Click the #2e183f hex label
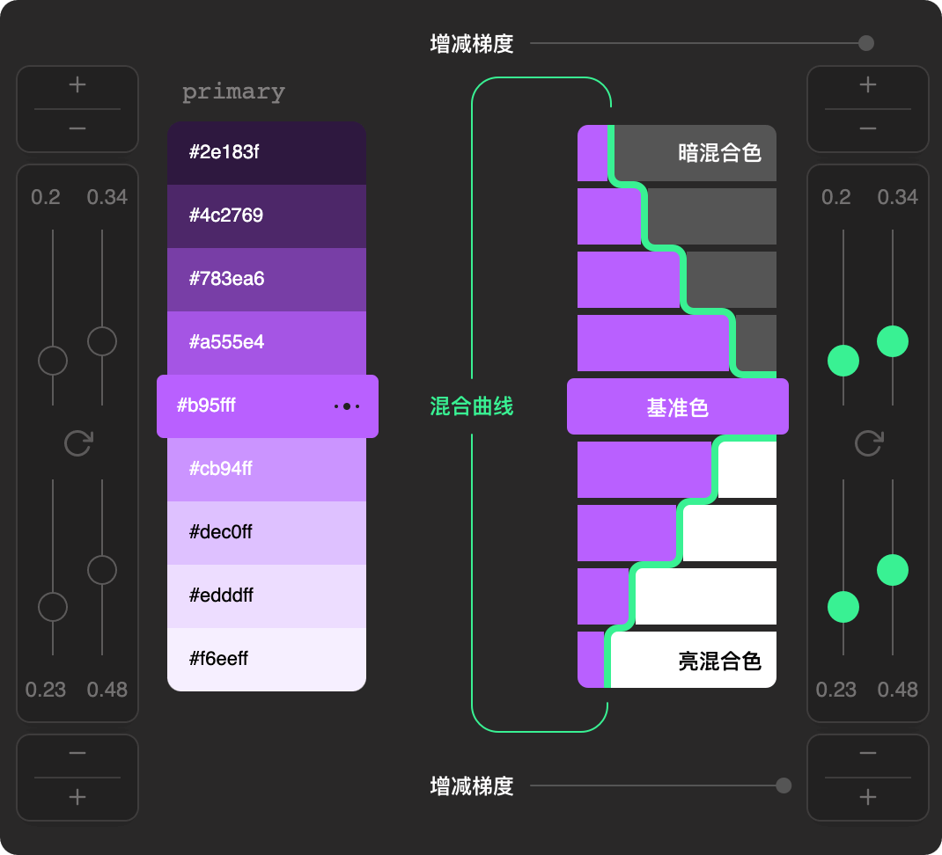coord(224,152)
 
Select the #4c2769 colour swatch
coord(267,216)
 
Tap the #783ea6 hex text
coord(226,279)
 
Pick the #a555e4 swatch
coord(267,343)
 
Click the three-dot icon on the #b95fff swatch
coord(347,406)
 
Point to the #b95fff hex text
coord(212,406)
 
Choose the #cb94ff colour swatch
coord(267,470)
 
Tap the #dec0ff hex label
coord(220,532)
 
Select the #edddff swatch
coord(267,596)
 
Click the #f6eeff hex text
coord(218,659)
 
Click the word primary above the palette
coord(233,92)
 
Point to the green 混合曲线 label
coord(471,406)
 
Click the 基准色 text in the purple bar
coord(677,408)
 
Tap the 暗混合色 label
coord(719,153)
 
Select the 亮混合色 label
coord(719,661)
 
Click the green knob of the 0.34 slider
coord(893,341)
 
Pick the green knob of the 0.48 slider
coord(893,570)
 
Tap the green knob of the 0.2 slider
coord(843,361)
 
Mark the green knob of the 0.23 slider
coord(843,607)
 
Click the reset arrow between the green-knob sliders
coord(868,443)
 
